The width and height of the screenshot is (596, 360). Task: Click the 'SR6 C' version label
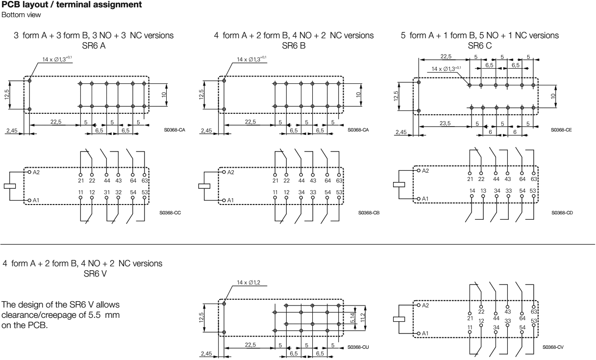(x=479, y=45)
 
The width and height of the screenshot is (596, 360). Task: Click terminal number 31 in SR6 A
(x=106, y=192)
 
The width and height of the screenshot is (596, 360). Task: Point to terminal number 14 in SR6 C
(x=472, y=190)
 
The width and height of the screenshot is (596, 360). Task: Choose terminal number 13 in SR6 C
(x=483, y=190)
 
